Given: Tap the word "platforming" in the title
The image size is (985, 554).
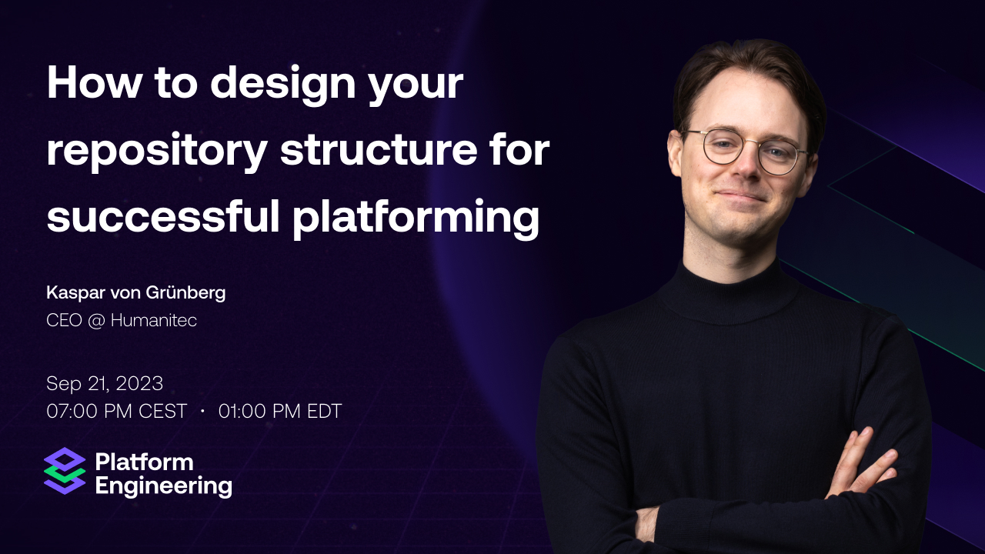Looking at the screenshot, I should click(416, 217).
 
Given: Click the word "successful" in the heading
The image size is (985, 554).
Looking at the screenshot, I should click(162, 217).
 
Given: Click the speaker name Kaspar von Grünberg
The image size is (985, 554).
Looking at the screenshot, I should click(135, 292).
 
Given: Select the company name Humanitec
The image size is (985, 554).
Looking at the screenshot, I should click(154, 320).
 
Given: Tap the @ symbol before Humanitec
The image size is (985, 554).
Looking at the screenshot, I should click(96, 320).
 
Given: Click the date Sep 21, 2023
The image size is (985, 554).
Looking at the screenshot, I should click(105, 383).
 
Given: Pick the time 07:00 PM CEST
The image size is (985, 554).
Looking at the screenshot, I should click(117, 412).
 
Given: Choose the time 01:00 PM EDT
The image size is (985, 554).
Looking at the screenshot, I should click(280, 412).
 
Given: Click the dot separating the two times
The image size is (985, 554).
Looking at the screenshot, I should click(202, 412).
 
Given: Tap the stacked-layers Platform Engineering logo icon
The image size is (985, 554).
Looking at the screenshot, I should click(65, 471).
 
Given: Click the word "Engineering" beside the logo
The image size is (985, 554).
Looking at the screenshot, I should click(163, 486).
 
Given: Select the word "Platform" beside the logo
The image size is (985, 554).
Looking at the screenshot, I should click(144, 462).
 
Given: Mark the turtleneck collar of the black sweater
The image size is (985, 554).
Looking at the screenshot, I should click(723, 289).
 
